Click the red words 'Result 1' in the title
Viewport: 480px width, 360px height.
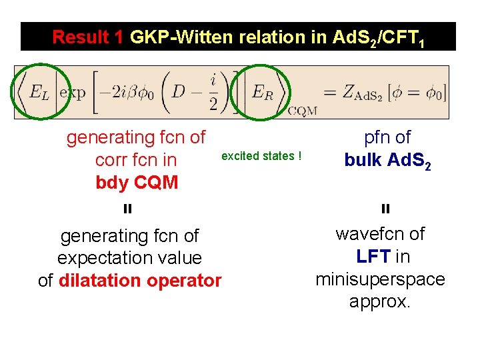(x=87, y=37)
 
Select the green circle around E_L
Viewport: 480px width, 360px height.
(x=39, y=92)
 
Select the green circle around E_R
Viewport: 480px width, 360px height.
(x=262, y=92)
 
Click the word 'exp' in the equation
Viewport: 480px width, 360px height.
(x=73, y=93)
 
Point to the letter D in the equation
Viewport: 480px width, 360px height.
(x=179, y=91)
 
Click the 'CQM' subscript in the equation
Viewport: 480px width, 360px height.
(x=303, y=110)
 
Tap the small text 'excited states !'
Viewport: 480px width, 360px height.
(x=261, y=156)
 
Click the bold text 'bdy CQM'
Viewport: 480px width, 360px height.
(x=137, y=183)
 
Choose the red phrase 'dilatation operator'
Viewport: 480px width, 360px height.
(x=140, y=281)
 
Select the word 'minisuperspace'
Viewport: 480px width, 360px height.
(x=380, y=279)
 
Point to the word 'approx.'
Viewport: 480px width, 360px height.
(x=380, y=301)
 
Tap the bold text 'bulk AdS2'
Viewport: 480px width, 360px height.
(x=387, y=161)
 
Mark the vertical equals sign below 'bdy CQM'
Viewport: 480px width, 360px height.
(x=127, y=209)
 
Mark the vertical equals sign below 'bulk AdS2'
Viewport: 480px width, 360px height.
(x=385, y=209)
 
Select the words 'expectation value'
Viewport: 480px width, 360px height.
(x=129, y=258)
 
